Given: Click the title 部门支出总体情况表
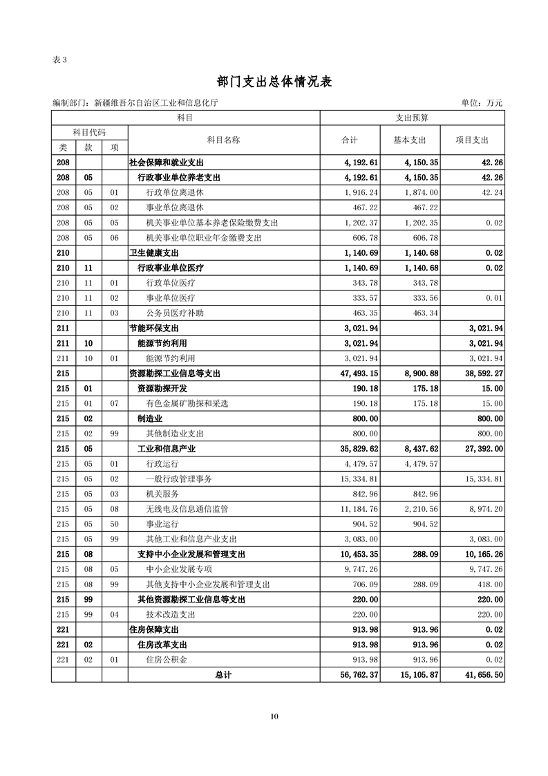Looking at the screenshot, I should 274,82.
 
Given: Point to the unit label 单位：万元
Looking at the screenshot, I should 482,103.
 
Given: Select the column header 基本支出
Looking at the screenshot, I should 410,140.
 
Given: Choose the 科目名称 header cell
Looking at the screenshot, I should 223,140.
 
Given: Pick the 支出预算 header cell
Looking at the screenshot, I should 412,118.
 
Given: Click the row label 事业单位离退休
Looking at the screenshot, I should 176,207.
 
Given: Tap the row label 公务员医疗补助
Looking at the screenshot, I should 176,313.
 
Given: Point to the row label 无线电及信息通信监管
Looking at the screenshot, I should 187,509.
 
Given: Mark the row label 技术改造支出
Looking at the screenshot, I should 171,614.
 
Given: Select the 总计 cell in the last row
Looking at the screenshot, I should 223,675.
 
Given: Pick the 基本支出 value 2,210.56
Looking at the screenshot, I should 418,509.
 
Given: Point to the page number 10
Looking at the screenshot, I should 274,716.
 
